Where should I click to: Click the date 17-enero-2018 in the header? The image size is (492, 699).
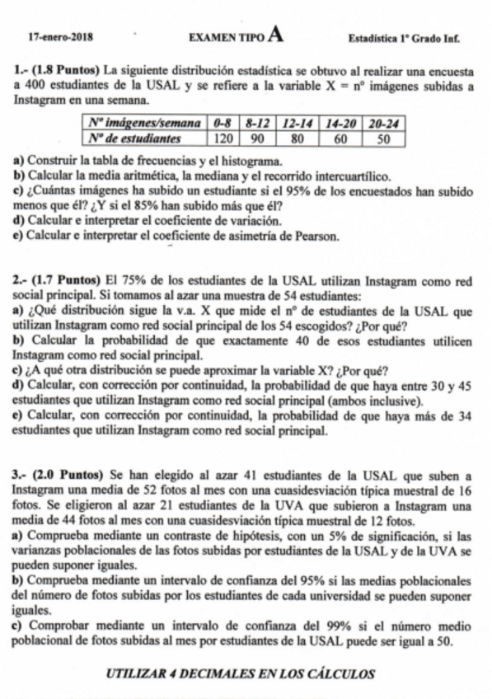pos(59,37)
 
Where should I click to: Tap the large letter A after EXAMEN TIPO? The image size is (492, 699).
pos(276,35)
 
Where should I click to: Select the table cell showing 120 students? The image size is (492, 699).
pos(220,138)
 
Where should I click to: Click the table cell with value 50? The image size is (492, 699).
pos(383,138)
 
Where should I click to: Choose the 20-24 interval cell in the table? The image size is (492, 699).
pos(383,124)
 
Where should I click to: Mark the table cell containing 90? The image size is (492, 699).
pos(256,138)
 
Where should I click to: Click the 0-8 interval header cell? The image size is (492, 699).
pos(220,124)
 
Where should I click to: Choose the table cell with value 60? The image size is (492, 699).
pos(340,138)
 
